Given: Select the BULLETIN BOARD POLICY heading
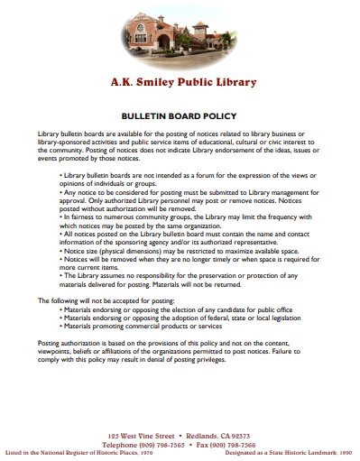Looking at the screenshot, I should [x=179, y=116].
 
